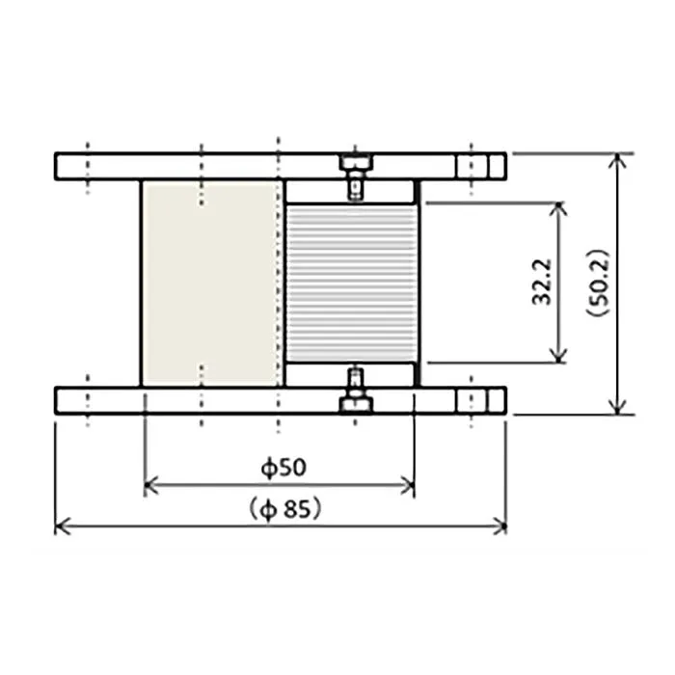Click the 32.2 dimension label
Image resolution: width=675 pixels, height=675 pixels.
click(x=542, y=283)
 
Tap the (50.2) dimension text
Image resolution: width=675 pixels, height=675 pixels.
click(x=597, y=284)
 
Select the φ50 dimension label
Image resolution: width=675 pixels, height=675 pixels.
click(x=283, y=468)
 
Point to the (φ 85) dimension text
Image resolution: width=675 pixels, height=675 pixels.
click(x=283, y=507)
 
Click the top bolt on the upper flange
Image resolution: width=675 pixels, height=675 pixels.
click(x=354, y=161)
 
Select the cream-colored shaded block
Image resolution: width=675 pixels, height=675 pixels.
click(x=211, y=283)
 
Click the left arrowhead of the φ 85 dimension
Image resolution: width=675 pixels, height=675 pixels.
click(x=61, y=526)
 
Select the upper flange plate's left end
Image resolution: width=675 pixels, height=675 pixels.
click(x=60, y=166)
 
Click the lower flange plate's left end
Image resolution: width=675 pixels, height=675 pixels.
click(x=60, y=399)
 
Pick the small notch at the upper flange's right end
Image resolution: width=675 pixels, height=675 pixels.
click(x=496, y=166)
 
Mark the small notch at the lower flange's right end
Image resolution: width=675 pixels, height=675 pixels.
click(x=496, y=399)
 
